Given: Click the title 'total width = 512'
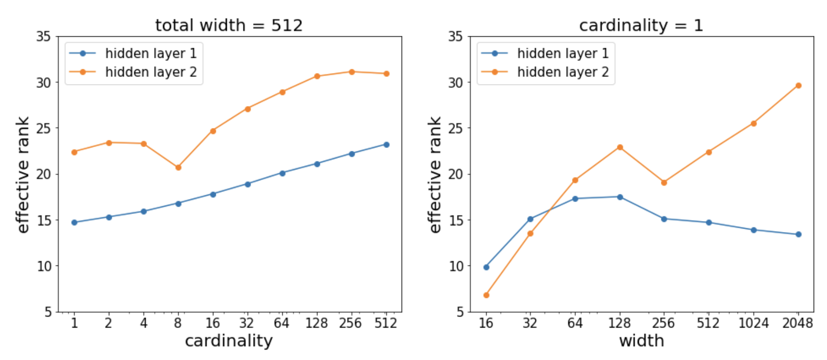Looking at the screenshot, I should coord(229,25).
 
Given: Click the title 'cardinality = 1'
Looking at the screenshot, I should coord(641,25).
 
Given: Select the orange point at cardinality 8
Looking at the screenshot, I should coord(178,168).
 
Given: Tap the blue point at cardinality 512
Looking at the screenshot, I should coord(386,145).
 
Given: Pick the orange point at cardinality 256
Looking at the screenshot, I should coord(352,72).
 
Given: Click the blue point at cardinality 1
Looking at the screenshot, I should coord(74,222).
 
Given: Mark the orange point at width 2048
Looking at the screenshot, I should coord(798,86).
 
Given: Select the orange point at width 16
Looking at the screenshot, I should coord(486,295).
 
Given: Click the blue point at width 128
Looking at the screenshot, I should coord(620,197).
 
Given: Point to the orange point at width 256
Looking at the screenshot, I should coord(664,182).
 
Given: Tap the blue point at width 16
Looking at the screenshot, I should coord(486,267).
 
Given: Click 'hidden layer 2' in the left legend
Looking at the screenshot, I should coord(151,72).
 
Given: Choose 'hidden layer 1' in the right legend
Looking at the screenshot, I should coord(563,53).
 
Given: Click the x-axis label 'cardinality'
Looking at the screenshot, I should coord(229,341).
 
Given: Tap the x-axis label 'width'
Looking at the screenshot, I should coord(641,341).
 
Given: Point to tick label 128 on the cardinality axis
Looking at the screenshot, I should coord(317,324).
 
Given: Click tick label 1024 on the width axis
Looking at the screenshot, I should coord(753,324).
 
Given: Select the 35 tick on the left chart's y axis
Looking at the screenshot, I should coord(43,37).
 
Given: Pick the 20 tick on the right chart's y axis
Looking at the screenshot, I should coord(456,174).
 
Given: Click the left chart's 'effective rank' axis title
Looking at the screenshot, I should coord(22,175).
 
